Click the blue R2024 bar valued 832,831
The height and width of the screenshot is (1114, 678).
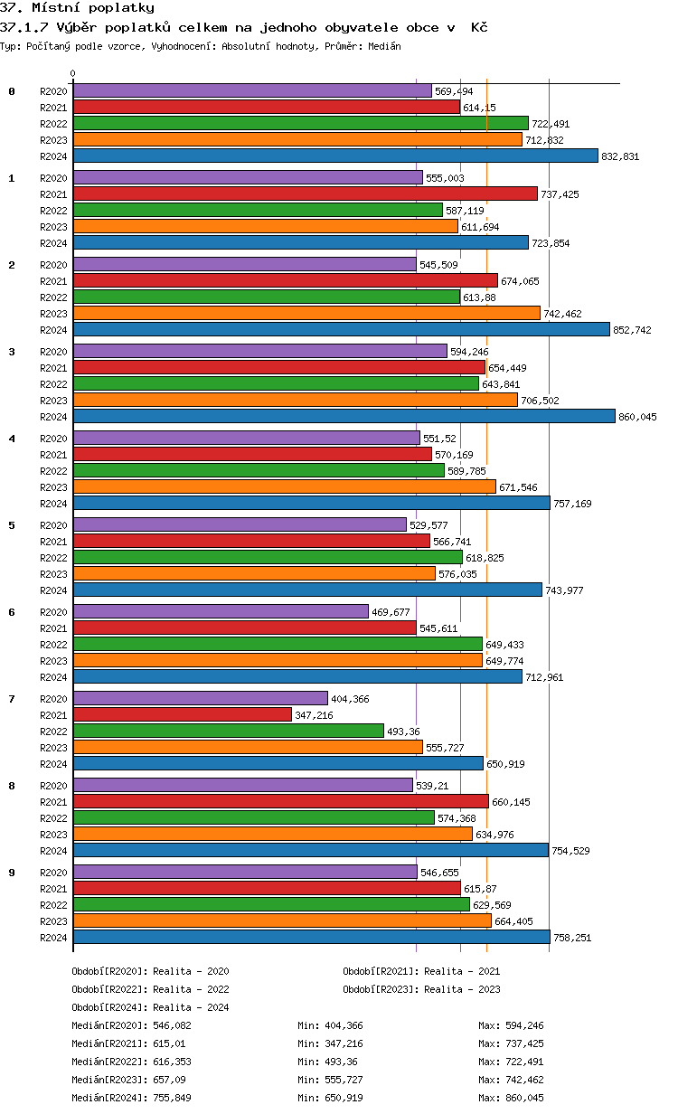tap(334, 156)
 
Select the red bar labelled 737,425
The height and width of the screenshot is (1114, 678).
tap(305, 194)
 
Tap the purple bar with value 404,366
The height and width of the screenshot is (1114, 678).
tap(200, 698)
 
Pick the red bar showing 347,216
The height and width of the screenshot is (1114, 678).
tap(182, 714)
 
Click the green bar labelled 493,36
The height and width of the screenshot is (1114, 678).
tap(228, 731)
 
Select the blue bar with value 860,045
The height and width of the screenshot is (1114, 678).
tap(344, 416)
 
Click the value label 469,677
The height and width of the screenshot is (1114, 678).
tap(393, 612)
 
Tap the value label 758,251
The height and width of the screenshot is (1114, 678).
tap(571, 938)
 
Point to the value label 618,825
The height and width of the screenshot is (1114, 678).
tap(485, 558)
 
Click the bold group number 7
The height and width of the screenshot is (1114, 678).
tap(12, 699)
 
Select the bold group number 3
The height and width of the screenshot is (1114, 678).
tap(12, 352)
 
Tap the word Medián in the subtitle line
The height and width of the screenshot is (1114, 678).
tap(383, 45)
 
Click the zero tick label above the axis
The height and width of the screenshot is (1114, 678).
tap(73, 73)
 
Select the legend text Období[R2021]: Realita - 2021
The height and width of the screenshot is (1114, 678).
tap(421, 971)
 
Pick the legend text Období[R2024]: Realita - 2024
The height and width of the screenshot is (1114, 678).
tap(150, 1007)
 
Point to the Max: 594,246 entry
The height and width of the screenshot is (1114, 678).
tap(511, 1025)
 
